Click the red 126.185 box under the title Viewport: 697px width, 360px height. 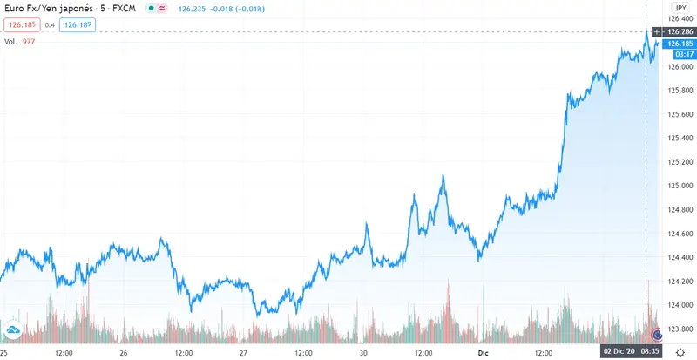point(20,24)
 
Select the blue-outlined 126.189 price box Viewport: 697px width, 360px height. point(76,24)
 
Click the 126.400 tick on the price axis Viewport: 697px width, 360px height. point(678,19)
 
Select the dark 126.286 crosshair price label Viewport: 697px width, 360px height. point(678,31)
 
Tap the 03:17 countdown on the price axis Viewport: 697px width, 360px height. point(677,53)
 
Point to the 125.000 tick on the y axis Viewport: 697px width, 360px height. point(678,186)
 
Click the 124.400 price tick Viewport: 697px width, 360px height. point(678,257)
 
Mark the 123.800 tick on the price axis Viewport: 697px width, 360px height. point(678,329)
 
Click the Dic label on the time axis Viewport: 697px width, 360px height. point(486,352)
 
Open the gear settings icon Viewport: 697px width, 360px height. point(680,351)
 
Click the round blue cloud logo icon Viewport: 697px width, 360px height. point(13,329)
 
